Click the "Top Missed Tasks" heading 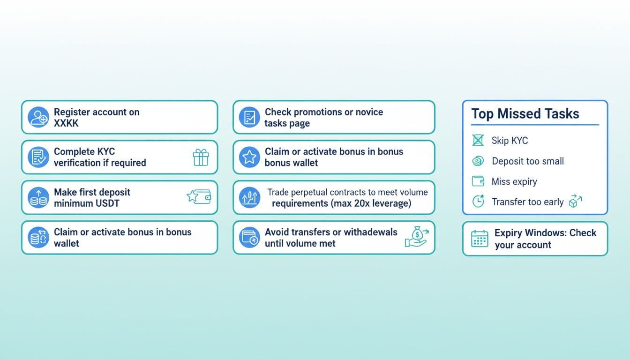(525, 114)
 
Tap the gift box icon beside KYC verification (201, 157)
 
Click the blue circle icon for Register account (38, 117)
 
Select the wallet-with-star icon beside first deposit (199, 196)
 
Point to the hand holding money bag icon (417, 237)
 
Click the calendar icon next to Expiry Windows (480, 239)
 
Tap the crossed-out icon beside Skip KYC (478, 140)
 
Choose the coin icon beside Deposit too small (478, 161)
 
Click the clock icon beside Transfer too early (478, 202)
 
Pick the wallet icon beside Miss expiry (478, 181)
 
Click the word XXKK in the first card (66, 123)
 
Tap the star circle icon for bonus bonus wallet (249, 157)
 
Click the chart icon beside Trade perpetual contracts (249, 197)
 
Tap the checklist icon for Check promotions (249, 117)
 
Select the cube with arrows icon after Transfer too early (575, 201)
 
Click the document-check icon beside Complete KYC (38, 157)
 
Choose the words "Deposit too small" (528, 161)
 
